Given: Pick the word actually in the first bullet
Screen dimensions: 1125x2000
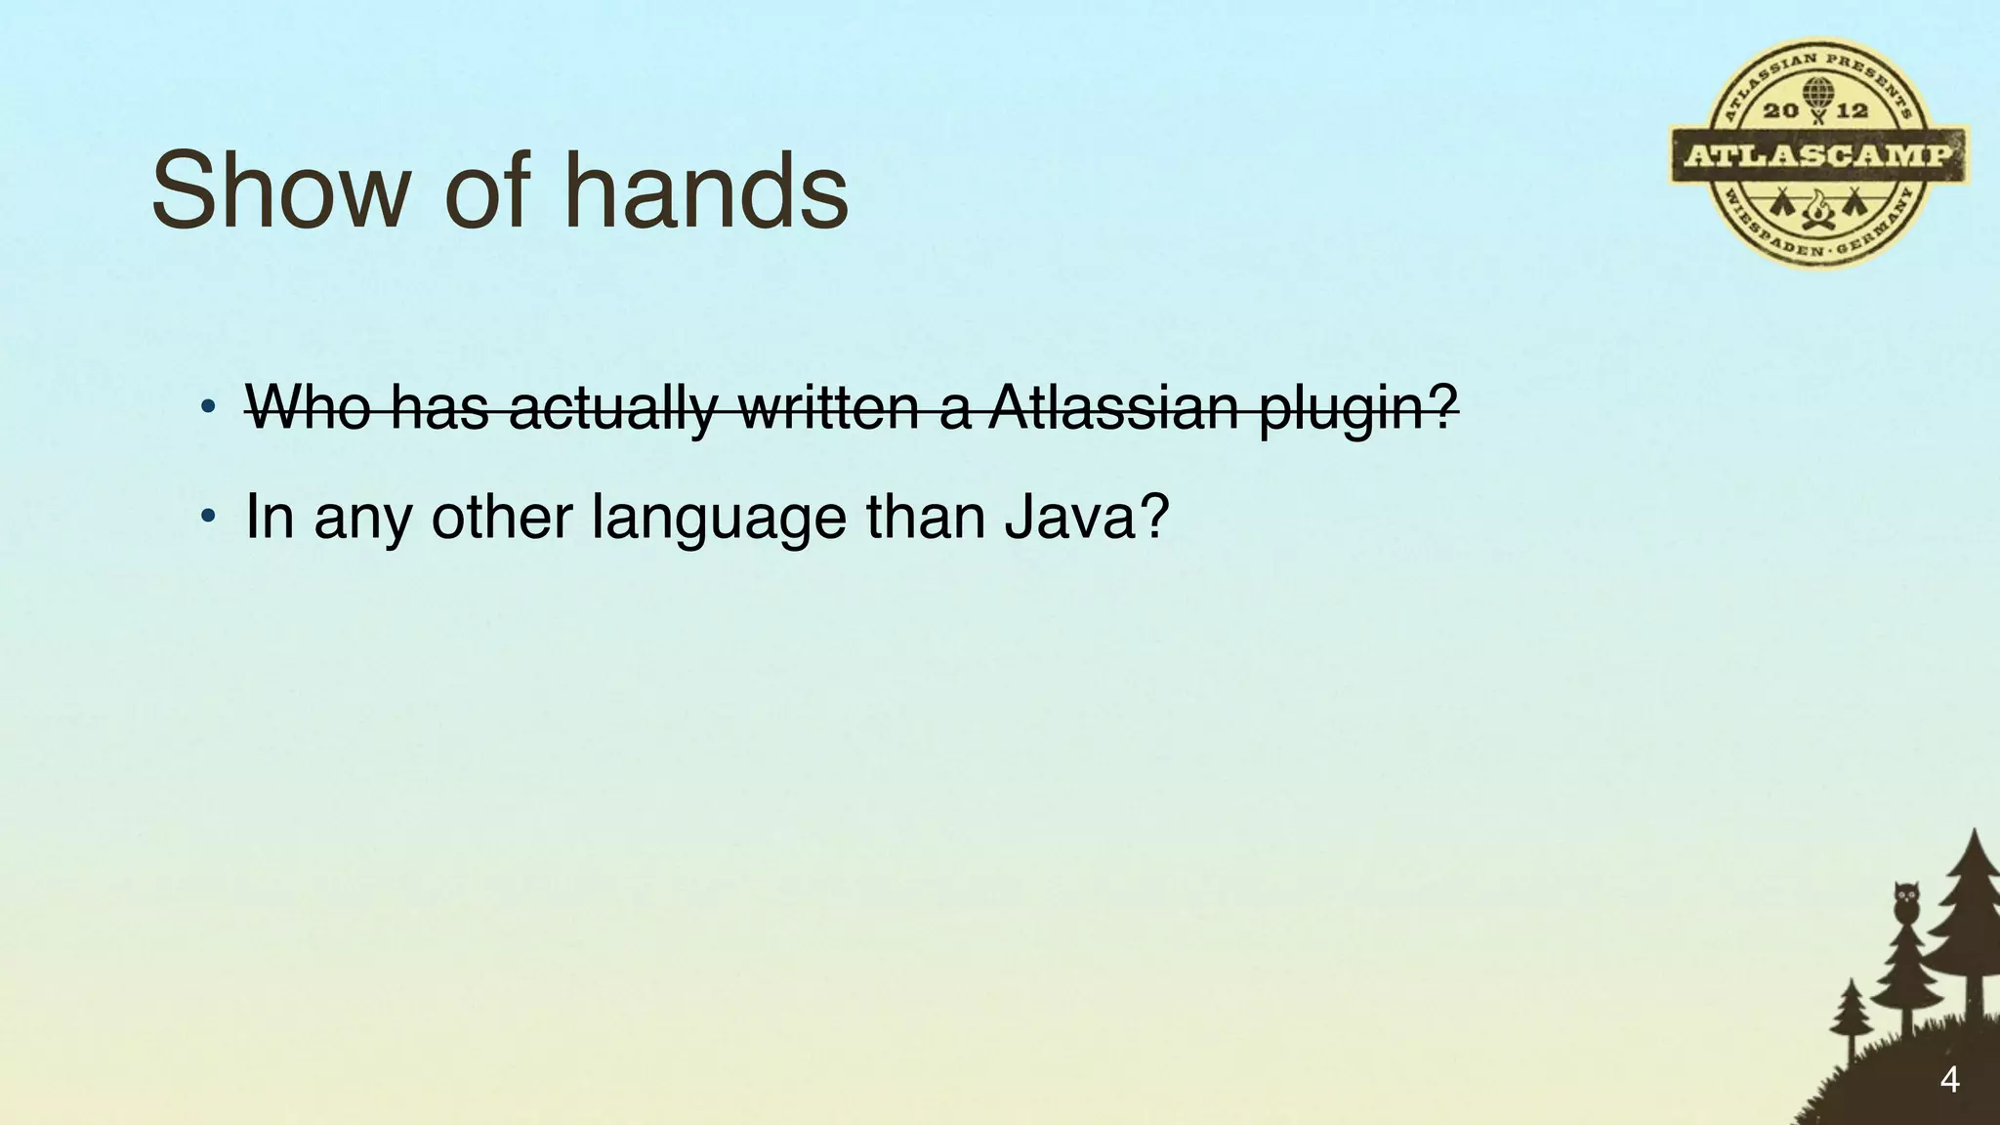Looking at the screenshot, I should coord(612,408).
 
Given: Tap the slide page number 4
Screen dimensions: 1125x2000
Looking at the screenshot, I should coord(1949,1081).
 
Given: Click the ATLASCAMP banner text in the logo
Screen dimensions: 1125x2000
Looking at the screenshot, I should coord(1818,156).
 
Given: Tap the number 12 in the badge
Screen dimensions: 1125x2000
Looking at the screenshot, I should coord(1852,111).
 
